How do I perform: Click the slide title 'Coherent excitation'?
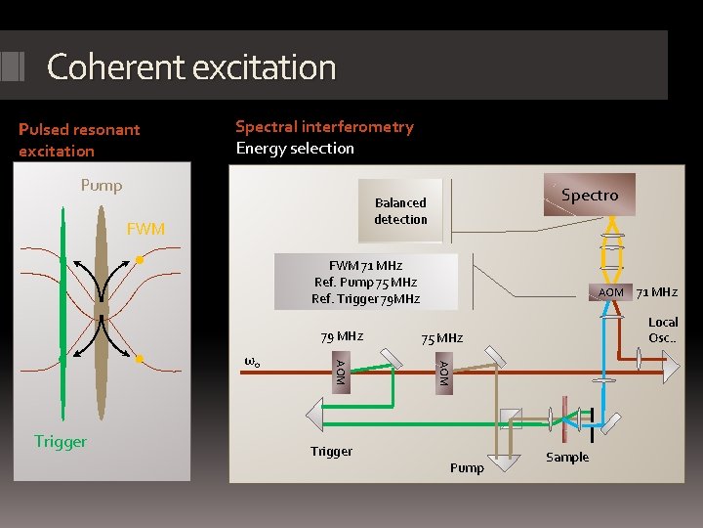[191, 67]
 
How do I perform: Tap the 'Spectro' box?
[590, 196]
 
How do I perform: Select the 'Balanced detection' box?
[400, 211]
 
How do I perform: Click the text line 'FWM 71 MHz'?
[365, 265]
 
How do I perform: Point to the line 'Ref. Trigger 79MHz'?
[365, 298]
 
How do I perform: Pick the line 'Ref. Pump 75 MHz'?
[365, 282]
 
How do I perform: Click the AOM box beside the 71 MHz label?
[611, 292]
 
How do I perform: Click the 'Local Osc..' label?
[663, 330]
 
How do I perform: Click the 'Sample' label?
[567, 458]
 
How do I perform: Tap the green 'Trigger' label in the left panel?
[61, 441]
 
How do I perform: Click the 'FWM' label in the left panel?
[146, 229]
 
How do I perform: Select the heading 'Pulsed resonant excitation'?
[79, 140]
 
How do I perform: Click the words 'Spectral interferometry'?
[324, 126]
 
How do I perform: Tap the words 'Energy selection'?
[295, 148]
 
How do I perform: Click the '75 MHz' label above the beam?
[441, 338]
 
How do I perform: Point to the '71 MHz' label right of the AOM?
[656, 291]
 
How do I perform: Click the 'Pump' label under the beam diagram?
[467, 467]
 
